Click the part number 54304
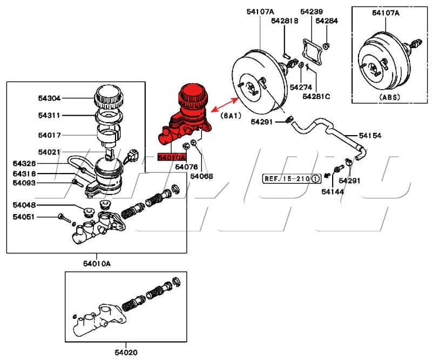(49, 98)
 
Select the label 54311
(49, 115)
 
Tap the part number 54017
(49, 135)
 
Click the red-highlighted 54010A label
(171, 158)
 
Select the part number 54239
(312, 11)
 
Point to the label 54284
(327, 21)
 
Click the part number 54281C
(316, 96)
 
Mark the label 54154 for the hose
(370, 135)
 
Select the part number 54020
(125, 353)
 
